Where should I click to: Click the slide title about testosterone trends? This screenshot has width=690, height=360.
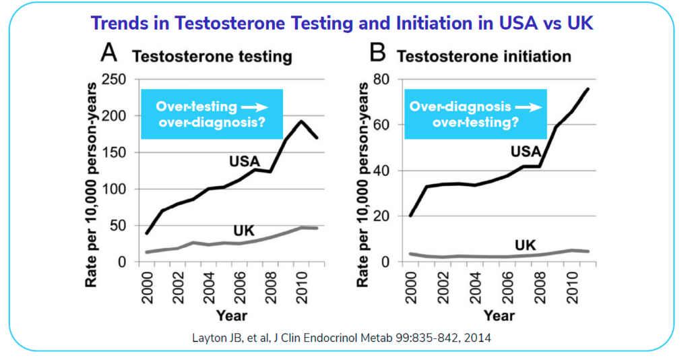(343, 23)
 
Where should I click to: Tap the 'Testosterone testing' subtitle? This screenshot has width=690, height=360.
(212, 57)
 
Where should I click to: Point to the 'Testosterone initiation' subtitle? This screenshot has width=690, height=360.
(483, 57)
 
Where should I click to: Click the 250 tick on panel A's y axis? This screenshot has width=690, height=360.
(113, 80)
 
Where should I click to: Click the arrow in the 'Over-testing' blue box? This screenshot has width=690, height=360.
(254, 107)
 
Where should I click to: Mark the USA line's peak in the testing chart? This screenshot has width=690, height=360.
(301, 121)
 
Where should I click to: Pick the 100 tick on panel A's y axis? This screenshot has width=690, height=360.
(113, 189)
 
